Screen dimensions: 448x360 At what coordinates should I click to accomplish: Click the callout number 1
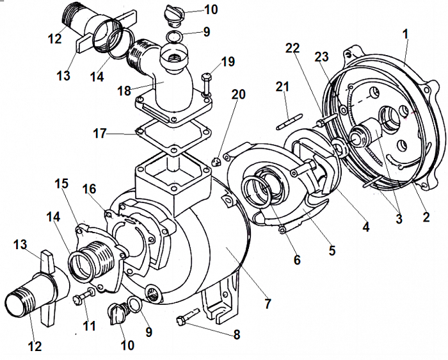(405, 35)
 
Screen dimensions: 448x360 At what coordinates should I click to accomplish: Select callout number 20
(238, 94)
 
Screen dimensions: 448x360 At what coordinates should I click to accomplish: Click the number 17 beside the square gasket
(100, 133)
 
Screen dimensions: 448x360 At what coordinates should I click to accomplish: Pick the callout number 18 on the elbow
(124, 91)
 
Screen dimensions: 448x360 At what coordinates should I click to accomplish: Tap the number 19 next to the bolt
(228, 61)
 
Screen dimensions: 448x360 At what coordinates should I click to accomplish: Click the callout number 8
(237, 334)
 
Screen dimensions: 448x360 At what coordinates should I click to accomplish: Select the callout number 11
(89, 325)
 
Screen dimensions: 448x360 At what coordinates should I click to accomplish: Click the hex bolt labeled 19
(206, 85)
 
